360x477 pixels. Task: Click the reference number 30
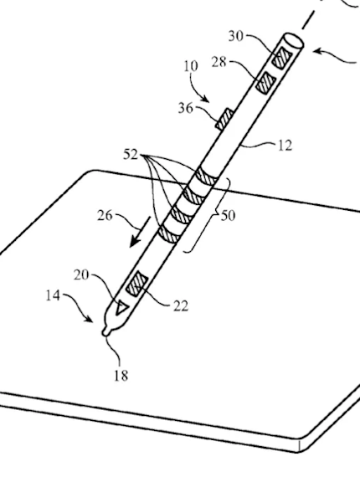(236, 36)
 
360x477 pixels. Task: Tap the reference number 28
(219, 63)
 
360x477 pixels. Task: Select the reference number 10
(191, 66)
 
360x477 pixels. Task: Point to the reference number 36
(186, 108)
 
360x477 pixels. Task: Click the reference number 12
(285, 146)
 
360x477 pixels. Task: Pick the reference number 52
(131, 155)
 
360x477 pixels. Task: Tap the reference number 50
(228, 216)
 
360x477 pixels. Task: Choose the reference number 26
(105, 216)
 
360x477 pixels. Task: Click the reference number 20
(81, 275)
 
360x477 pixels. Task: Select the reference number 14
(53, 295)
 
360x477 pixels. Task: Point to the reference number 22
(181, 306)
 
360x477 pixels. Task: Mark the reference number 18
(121, 376)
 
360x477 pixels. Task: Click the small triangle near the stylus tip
(121, 308)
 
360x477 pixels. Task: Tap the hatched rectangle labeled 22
(137, 284)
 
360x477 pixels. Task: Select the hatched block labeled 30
(282, 58)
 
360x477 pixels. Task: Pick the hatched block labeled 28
(266, 83)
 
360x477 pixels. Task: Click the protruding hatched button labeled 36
(224, 120)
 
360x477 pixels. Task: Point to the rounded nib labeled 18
(105, 331)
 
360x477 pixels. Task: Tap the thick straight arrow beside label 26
(141, 232)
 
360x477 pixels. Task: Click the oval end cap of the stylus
(293, 41)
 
